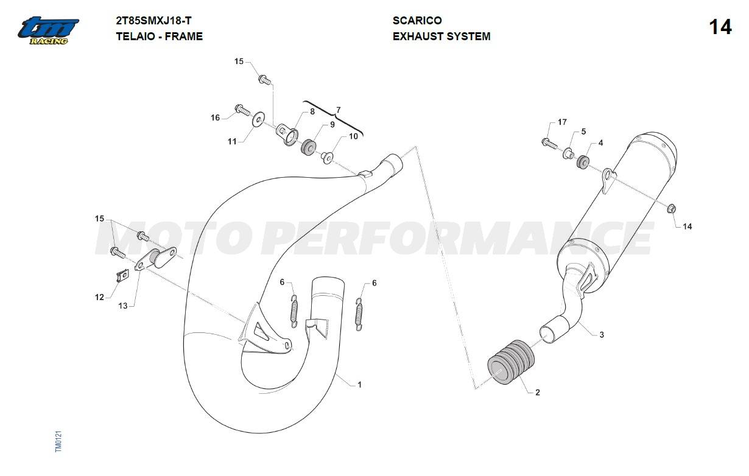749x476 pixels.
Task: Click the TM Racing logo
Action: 48,30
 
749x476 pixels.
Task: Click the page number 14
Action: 720,27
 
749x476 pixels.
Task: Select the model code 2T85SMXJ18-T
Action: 153,21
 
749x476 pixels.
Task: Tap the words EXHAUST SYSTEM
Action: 441,36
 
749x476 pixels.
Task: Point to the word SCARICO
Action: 417,20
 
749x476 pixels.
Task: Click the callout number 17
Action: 562,122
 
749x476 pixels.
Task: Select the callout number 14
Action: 687,226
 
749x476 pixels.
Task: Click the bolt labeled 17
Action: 549,144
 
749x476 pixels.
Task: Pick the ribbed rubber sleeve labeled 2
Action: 510,362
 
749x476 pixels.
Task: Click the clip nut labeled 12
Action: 122,276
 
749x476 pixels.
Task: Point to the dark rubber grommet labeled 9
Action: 308,146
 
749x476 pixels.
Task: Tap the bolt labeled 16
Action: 242,110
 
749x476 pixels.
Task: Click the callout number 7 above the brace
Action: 339,110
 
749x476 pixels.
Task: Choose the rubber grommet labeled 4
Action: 583,162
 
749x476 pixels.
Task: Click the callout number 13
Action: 123,306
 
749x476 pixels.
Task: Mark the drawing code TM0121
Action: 58,441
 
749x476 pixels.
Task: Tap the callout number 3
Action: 602,335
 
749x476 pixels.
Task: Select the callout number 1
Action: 359,385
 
